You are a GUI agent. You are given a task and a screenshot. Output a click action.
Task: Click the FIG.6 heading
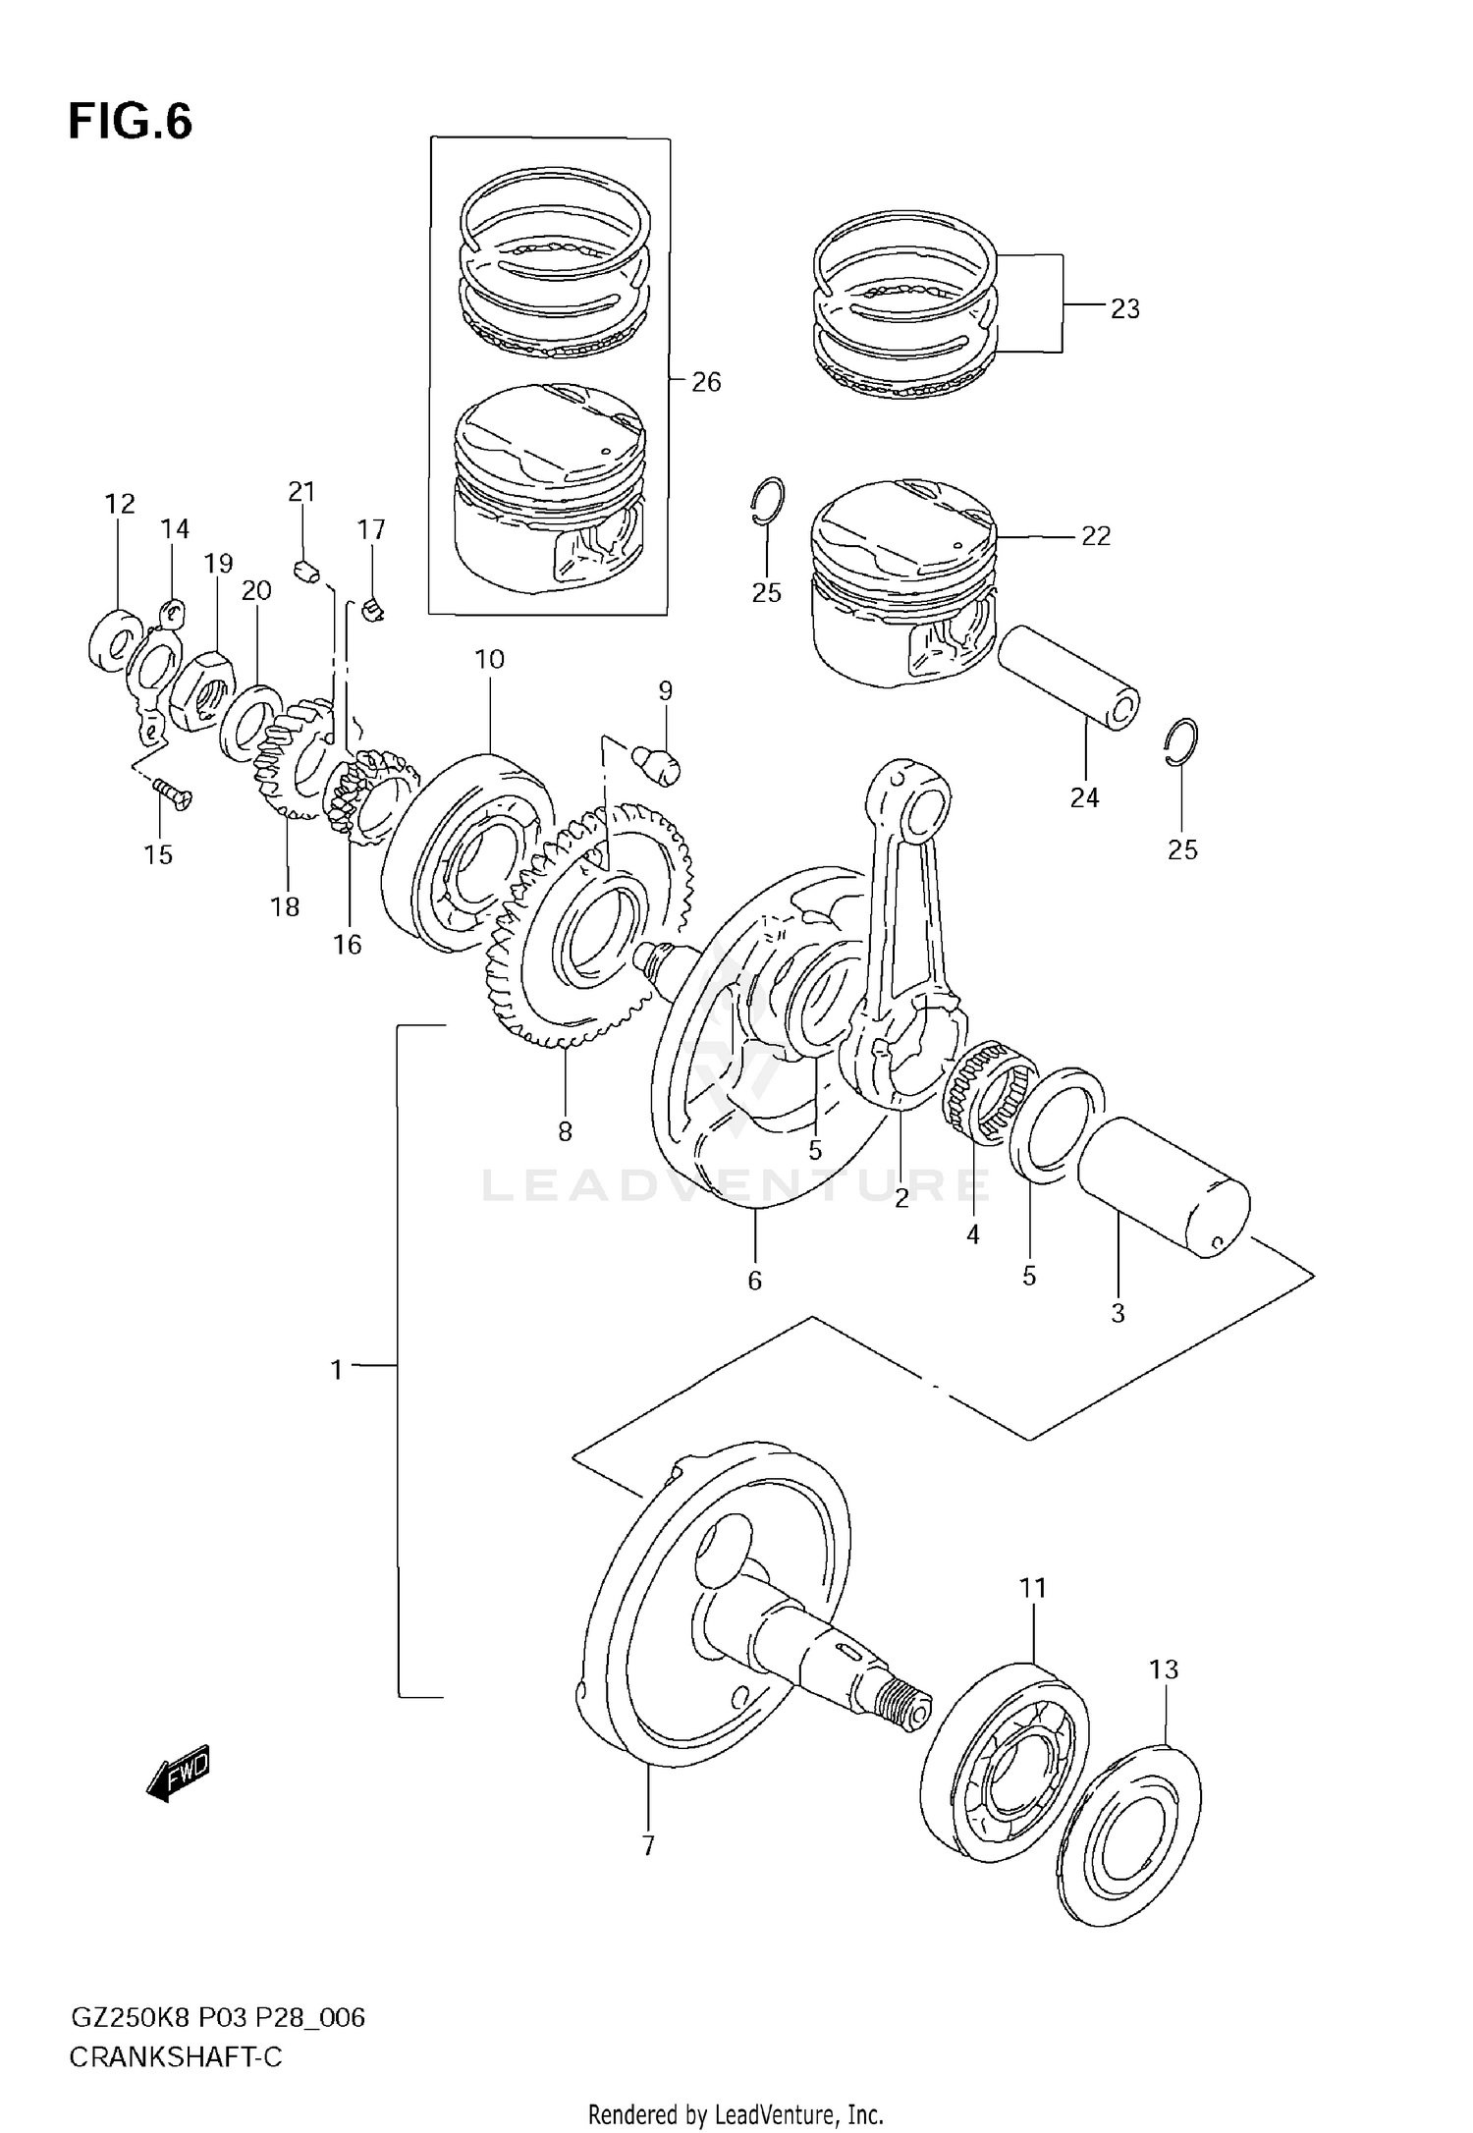(x=130, y=122)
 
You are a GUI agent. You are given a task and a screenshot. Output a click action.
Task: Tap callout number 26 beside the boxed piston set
(x=706, y=382)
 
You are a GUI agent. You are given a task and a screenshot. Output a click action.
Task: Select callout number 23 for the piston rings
(x=1124, y=308)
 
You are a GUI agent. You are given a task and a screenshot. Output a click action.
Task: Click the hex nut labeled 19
(x=201, y=692)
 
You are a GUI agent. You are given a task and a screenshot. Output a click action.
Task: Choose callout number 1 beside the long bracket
(x=337, y=1368)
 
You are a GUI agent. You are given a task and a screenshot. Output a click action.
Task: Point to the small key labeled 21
(x=306, y=571)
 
